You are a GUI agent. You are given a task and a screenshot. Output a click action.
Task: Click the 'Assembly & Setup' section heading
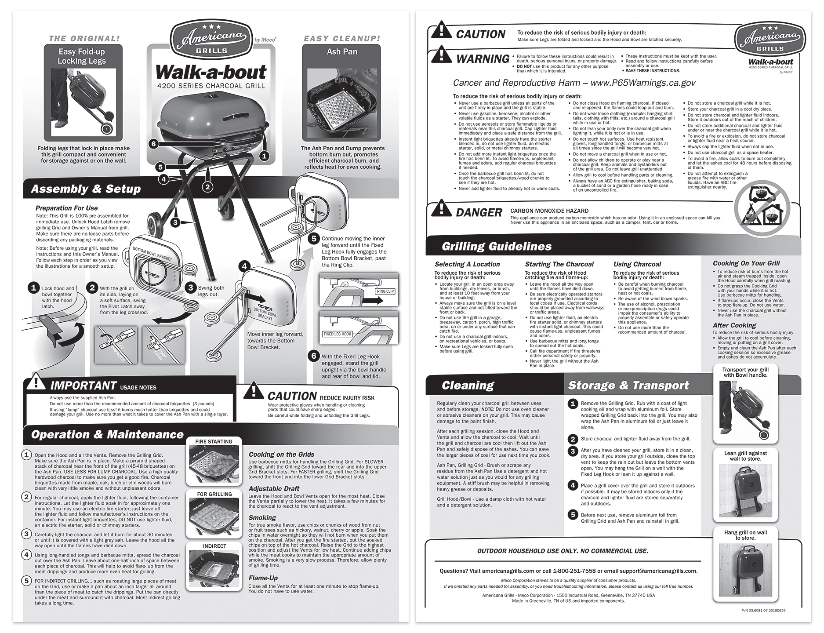[86, 189]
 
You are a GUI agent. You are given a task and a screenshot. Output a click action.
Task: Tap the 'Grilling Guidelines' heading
[497, 246]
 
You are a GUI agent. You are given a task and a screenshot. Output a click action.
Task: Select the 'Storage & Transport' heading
[628, 386]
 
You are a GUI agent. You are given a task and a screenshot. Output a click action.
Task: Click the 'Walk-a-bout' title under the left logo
[211, 72]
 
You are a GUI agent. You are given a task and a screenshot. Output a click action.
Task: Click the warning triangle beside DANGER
[442, 209]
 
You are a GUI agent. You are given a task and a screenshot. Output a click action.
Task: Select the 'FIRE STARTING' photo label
[214, 441]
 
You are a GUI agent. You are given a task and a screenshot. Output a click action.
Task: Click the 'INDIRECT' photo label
[214, 546]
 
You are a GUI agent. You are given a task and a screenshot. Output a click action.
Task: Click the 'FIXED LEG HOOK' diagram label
[337, 334]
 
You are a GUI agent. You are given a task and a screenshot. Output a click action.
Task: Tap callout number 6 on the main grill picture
[153, 144]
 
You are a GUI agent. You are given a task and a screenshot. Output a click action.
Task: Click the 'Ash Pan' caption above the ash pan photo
[342, 51]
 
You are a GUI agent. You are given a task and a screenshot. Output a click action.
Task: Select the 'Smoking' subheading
[262, 518]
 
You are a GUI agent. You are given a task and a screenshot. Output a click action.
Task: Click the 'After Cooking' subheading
[734, 326]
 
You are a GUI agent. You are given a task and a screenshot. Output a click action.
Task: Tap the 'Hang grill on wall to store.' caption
[745, 535]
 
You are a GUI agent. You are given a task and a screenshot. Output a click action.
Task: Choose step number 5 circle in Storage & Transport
[573, 514]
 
